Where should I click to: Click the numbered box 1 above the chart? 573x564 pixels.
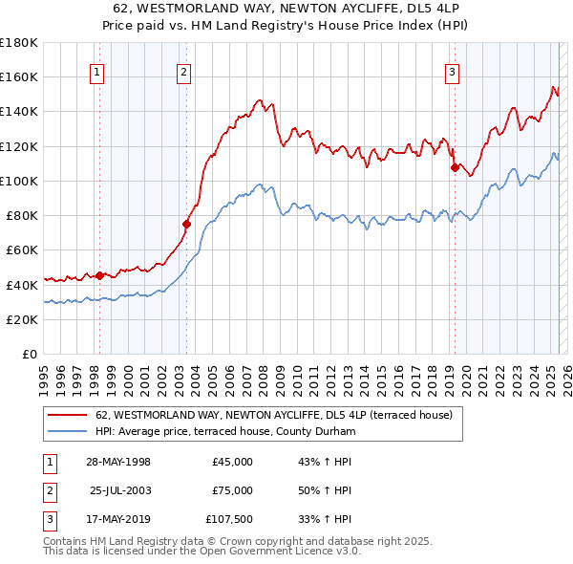(98, 70)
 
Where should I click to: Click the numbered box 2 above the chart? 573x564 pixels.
(183, 70)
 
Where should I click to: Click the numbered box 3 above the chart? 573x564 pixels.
(452, 70)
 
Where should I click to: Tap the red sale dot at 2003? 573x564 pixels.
(187, 225)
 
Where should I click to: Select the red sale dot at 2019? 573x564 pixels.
(455, 168)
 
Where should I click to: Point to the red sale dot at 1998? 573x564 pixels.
(99, 276)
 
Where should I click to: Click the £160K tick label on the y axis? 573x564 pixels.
(18, 77)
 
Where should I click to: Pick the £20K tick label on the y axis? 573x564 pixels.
(22, 320)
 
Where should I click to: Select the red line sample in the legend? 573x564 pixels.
(70, 416)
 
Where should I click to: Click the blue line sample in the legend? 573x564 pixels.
(70, 432)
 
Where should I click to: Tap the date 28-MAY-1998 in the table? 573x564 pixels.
(117, 462)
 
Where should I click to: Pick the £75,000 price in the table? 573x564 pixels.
(232, 490)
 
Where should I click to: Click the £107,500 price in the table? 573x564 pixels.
(229, 519)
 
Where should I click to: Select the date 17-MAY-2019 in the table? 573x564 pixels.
(117, 519)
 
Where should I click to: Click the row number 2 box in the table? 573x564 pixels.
(48, 490)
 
